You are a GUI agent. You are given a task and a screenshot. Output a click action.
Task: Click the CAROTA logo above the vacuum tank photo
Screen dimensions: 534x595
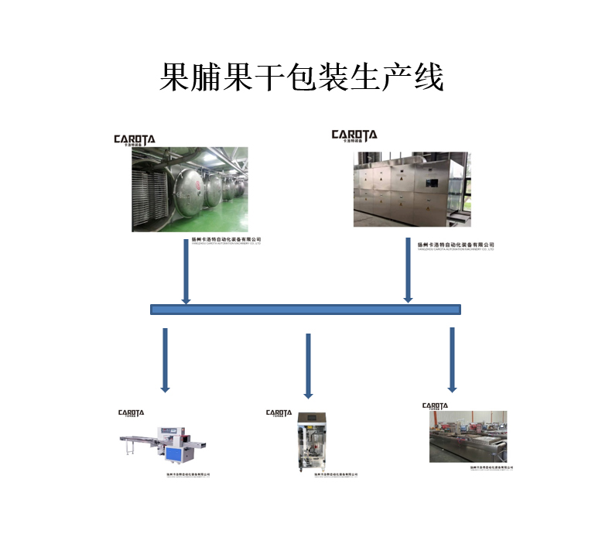[x=135, y=140]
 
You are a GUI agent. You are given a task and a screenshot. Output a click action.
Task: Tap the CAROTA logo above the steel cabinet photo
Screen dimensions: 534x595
[x=354, y=135]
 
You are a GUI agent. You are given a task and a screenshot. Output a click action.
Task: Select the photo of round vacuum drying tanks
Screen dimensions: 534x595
[x=190, y=190]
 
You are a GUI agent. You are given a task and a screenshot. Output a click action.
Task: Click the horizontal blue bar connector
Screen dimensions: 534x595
[x=305, y=310]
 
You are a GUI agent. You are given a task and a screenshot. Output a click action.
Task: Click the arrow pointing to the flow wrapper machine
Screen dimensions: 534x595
[x=165, y=360]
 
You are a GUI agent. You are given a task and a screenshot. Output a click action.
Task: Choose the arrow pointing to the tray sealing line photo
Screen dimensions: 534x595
[x=452, y=359]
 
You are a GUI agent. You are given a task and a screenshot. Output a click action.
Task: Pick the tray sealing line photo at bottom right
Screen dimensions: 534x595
[x=468, y=437]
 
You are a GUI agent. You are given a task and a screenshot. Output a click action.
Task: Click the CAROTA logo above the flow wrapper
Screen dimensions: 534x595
[x=131, y=413]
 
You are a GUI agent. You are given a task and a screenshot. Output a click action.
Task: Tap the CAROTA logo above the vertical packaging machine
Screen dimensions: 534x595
[x=279, y=413]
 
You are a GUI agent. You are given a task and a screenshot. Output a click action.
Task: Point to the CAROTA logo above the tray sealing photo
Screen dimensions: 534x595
[x=435, y=406]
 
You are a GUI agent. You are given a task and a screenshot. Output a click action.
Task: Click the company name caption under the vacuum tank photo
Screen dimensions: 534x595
[x=226, y=240]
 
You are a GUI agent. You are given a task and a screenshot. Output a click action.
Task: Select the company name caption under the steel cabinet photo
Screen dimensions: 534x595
[x=455, y=245]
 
